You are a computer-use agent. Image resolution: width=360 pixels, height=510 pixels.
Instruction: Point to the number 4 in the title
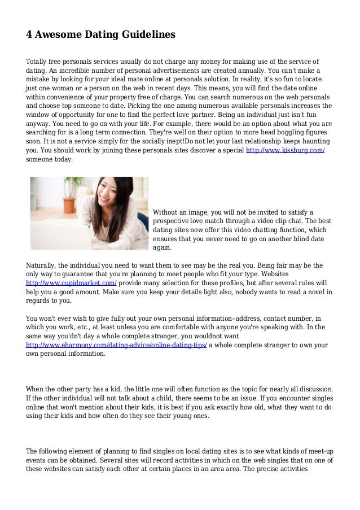pyautogui.click(x=29, y=34)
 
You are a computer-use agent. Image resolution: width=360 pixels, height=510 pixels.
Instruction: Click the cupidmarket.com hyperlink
pyautogui.click(x=72, y=282)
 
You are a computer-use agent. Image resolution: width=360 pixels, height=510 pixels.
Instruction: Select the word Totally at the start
pyautogui.click(x=38, y=61)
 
